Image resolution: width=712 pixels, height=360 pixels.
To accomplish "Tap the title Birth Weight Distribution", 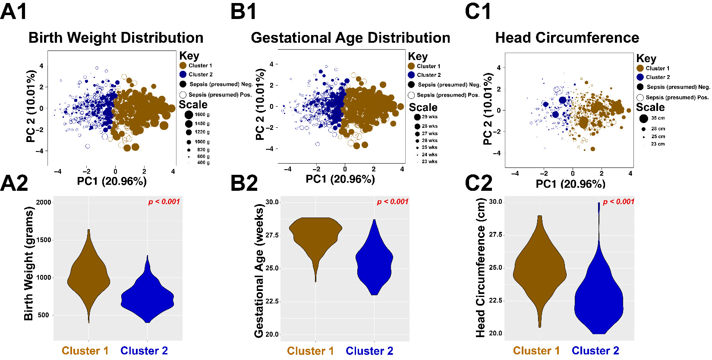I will [116, 38].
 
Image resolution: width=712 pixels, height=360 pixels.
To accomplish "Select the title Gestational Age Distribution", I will [350, 38].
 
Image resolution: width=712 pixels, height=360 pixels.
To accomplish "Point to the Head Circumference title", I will [567, 38].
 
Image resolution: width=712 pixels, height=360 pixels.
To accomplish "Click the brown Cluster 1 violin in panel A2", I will [88, 276].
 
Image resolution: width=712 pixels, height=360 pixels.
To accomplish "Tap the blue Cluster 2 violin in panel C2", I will [599, 298].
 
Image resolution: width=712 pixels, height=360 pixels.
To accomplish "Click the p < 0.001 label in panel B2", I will [393, 202].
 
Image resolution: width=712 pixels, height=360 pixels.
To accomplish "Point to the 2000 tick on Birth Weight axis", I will [44, 202].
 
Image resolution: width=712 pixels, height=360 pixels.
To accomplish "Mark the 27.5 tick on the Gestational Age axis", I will [272, 235].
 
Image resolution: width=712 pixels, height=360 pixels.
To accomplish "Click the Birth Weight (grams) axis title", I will [28, 263].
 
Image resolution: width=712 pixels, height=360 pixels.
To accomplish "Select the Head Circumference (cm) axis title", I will [480, 268].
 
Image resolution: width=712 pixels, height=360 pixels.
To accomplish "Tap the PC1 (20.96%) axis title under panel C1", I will [570, 184].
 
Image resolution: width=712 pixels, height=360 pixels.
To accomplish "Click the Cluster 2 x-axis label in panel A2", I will [144, 351].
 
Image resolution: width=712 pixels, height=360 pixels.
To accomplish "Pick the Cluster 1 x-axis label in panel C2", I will [536, 351].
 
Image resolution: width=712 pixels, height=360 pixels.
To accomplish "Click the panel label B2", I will [244, 183].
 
